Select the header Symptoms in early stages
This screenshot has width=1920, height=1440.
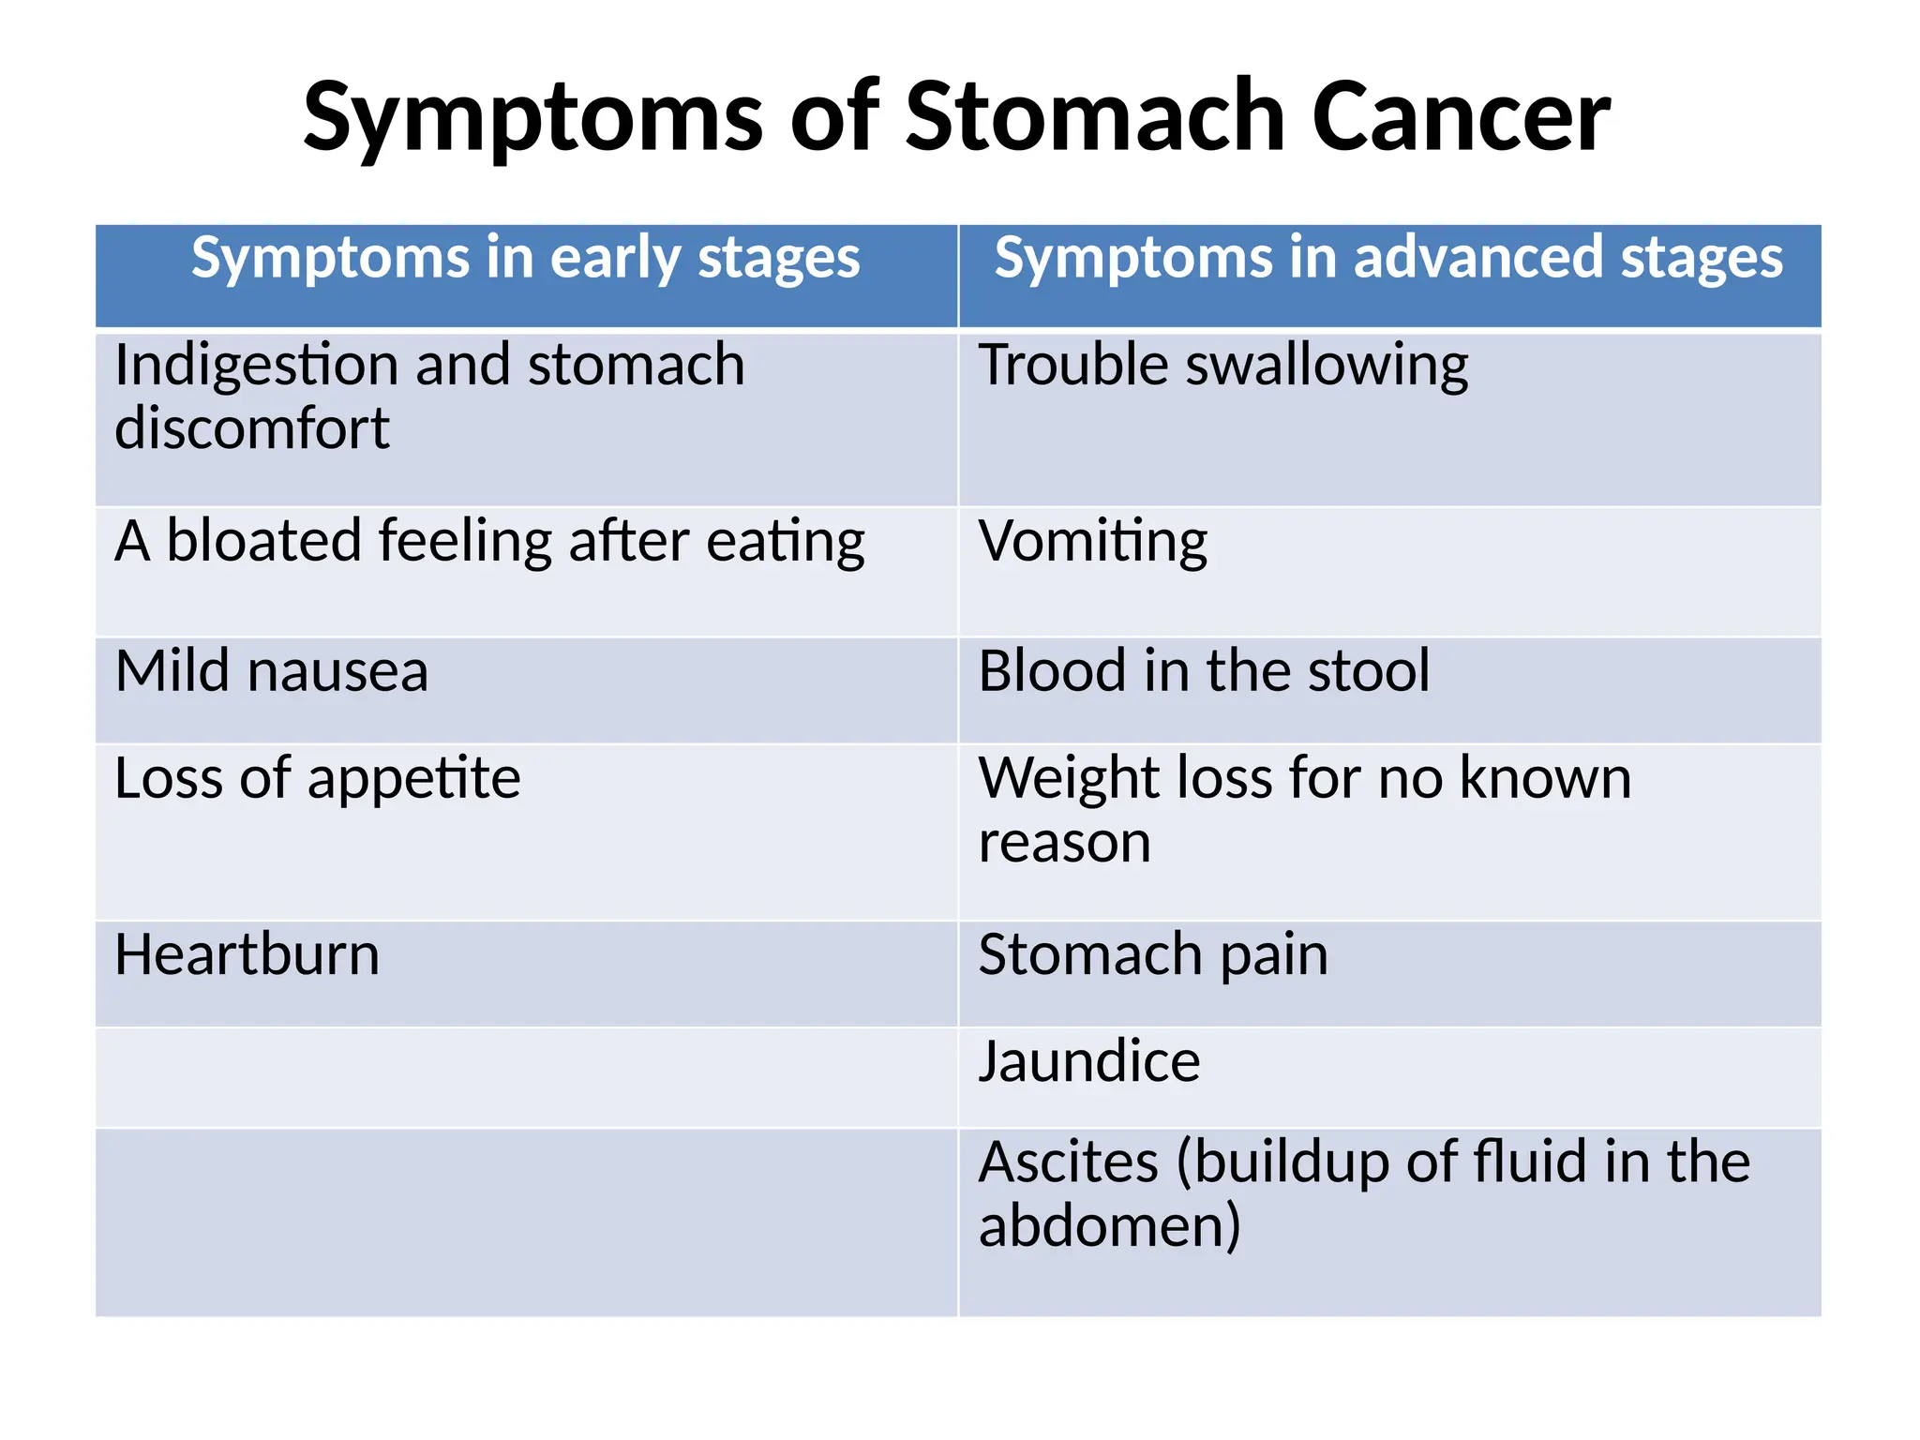[x=525, y=258]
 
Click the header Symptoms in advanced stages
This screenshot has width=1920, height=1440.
[x=1388, y=258]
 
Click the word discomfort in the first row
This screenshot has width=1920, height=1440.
[x=251, y=429]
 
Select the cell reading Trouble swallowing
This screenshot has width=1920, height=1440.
[x=1222, y=366]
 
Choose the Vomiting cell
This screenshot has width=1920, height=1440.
[x=1093, y=542]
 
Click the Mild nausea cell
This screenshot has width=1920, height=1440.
[x=272, y=671]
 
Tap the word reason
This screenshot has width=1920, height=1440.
[x=1064, y=843]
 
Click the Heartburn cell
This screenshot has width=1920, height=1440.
[x=247, y=955]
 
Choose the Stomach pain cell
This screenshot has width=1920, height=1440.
[x=1153, y=955]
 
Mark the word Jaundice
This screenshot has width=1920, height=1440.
[x=1088, y=1062]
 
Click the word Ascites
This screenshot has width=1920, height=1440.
[x=1069, y=1162]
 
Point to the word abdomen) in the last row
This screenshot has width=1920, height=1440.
[x=1109, y=1226]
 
